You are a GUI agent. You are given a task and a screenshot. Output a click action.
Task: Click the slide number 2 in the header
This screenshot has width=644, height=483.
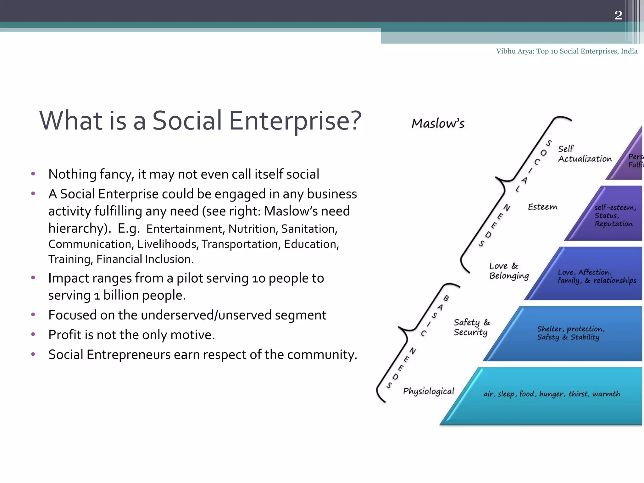pos(618,15)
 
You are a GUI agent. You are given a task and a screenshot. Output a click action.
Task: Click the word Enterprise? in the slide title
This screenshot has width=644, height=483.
pos(295,121)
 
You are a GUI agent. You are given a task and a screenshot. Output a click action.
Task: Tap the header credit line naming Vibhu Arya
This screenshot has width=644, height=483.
pos(567,51)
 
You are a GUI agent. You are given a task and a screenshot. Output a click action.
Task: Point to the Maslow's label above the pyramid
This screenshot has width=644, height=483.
pos(438,124)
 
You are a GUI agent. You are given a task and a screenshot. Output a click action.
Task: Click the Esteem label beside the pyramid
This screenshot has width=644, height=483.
pos(542,207)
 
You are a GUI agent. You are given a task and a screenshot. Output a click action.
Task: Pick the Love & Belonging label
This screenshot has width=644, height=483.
pos(508,271)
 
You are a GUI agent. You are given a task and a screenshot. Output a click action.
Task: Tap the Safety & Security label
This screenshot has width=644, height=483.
pos(471,327)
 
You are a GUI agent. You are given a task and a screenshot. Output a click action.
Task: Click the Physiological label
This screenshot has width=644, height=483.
pos(428,391)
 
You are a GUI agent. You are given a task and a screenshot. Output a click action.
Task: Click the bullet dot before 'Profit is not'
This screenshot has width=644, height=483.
pos(33,334)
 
